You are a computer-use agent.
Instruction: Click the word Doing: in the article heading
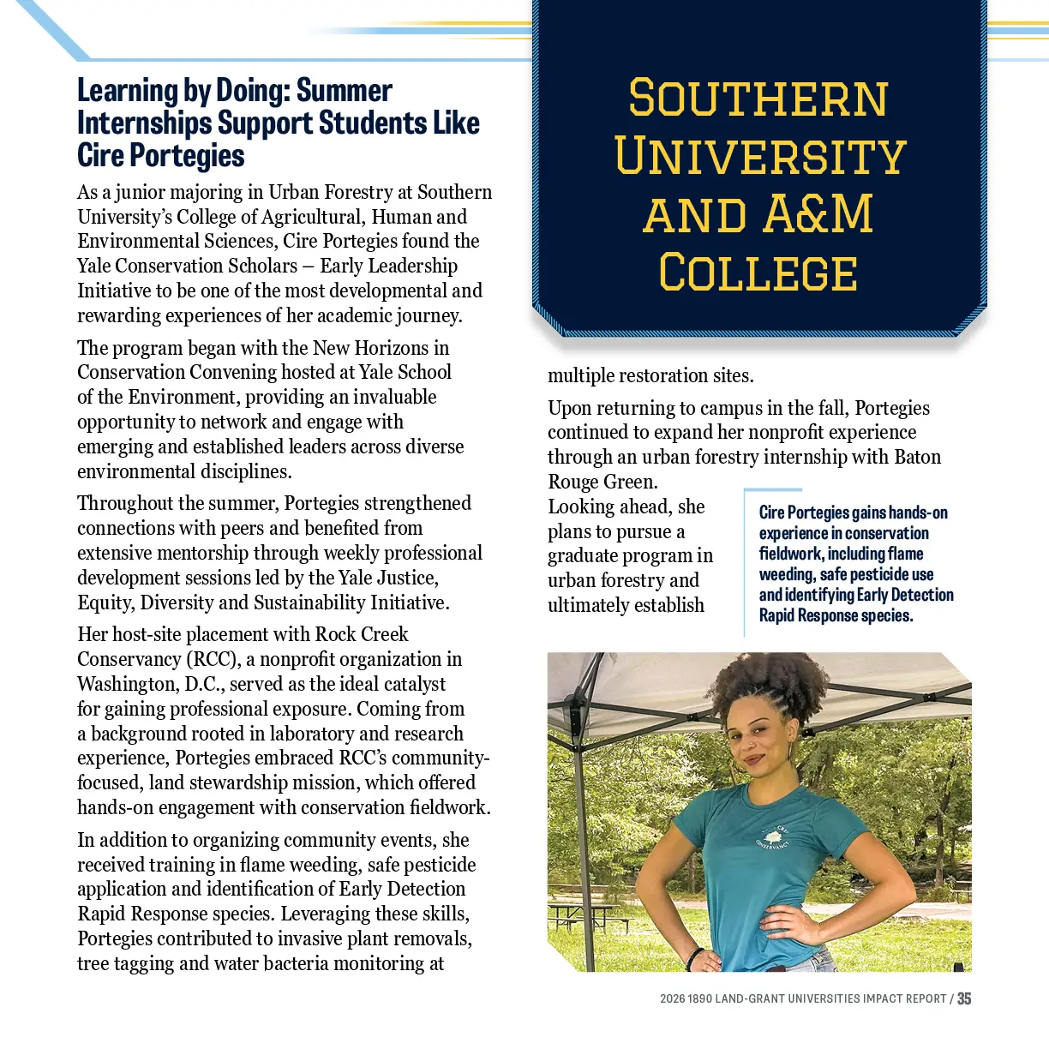click(x=252, y=91)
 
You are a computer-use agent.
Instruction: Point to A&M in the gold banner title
click(x=819, y=214)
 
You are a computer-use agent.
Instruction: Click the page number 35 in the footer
click(x=964, y=998)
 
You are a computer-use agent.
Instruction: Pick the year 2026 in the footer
click(x=672, y=999)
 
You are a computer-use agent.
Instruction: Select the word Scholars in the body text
click(x=258, y=266)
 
